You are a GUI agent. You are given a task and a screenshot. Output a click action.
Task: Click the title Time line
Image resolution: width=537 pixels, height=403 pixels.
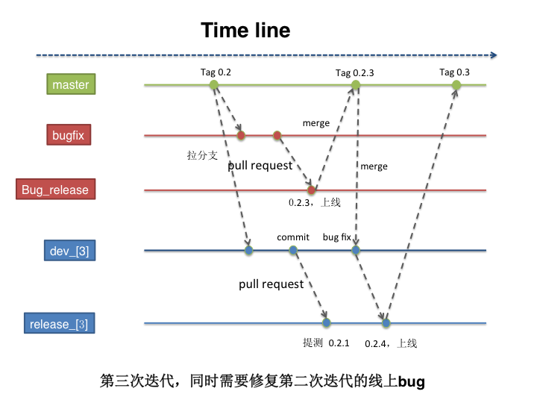click(245, 31)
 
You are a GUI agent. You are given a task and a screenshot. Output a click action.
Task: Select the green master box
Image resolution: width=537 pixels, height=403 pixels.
click(71, 84)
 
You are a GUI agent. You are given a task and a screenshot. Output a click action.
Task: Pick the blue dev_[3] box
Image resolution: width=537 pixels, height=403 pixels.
click(69, 251)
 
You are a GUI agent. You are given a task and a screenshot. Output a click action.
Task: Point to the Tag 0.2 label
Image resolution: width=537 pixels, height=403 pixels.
click(216, 72)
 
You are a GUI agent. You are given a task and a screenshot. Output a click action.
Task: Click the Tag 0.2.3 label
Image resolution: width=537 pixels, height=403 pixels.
click(354, 73)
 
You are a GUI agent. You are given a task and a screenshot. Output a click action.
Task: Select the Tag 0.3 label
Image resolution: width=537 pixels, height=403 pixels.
click(454, 72)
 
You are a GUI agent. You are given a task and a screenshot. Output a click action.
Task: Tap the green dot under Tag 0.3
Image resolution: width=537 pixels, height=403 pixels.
click(456, 85)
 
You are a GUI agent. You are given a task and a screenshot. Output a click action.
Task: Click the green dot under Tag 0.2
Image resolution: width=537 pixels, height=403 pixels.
click(214, 85)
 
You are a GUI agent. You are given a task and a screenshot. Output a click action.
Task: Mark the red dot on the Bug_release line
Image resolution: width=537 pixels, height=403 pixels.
click(312, 190)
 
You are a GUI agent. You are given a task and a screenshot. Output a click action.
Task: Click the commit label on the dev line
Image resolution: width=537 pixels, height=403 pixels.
click(293, 237)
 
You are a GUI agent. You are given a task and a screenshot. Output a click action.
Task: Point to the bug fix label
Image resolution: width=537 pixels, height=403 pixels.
click(336, 237)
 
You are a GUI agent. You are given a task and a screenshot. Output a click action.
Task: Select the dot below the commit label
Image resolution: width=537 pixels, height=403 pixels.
click(294, 251)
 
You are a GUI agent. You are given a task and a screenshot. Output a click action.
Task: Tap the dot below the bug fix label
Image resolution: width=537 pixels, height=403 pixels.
click(356, 251)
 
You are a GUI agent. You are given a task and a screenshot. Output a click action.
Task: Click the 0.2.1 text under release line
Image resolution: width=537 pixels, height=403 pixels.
click(339, 343)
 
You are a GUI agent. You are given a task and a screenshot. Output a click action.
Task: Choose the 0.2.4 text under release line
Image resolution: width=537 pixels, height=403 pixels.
click(377, 343)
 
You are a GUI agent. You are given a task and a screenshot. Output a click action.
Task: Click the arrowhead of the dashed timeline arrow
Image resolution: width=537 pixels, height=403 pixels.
click(493, 54)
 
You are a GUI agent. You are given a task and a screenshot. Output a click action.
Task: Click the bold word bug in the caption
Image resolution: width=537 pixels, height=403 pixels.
click(412, 382)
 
